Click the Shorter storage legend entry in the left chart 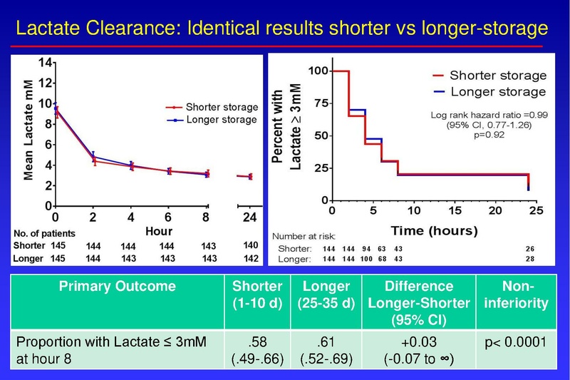220,107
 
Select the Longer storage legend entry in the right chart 498,91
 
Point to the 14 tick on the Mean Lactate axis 44,62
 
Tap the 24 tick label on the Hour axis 249,216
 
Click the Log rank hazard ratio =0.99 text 488,114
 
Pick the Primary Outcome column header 115,286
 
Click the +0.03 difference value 419,343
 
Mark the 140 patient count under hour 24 249,245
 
